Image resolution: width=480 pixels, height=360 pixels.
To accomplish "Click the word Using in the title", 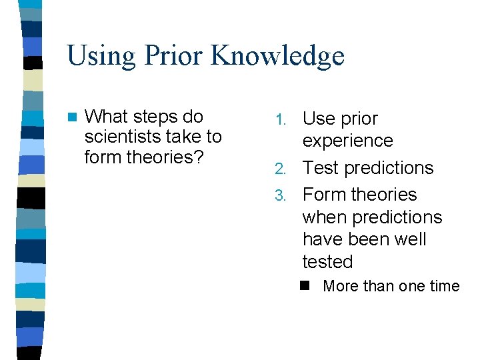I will click(100, 56).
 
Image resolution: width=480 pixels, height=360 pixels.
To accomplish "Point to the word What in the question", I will click(107, 117).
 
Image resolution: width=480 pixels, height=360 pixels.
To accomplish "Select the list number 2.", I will click(281, 169).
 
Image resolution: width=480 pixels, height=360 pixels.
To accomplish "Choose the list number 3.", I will click(281, 195).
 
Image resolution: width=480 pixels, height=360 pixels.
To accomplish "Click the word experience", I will click(347, 141).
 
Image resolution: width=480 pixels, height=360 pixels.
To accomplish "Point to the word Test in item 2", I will click(321, 168).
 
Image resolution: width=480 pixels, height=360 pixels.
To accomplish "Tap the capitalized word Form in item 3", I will click(324, 195).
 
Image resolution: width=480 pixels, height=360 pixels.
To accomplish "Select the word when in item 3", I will click(324, 217).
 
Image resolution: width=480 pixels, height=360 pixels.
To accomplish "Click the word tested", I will click(327, 262).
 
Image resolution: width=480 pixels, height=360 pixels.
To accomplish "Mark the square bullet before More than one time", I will click(307, 286).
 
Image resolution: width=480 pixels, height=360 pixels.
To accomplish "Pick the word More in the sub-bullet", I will click(340, 286).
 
